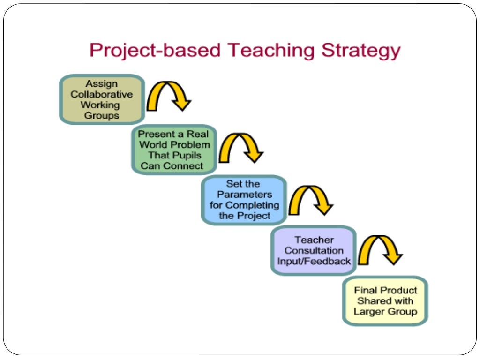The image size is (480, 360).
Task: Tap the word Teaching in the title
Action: pos(266,50)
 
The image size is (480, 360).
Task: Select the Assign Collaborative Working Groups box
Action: pos(102,99)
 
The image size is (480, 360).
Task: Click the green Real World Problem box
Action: pos(174,150)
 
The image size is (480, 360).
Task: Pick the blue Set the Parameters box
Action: pos(243,200)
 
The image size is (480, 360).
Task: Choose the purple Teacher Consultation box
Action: pos(314,250)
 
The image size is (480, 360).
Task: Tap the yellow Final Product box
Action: pos(385,301)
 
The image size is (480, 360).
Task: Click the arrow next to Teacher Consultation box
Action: pos(380,248)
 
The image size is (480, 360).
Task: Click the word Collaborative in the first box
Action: pos(102,95)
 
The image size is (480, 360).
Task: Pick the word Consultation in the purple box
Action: pos(314,251)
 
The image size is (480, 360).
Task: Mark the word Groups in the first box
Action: pos(102,115)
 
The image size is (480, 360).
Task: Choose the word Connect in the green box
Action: pos(186,165)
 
